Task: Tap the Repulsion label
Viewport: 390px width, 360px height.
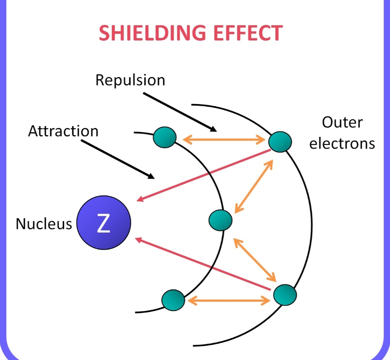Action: tap(130, 80)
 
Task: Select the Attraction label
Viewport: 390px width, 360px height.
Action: tap(63, 131)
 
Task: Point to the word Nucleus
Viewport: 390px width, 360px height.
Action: tap(44, 224)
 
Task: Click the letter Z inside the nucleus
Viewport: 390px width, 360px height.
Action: tap(104, 224)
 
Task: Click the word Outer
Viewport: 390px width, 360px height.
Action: tap(342, 123)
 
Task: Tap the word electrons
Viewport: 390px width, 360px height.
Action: tap(342, 143)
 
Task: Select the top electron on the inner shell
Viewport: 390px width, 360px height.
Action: tap(165, 138)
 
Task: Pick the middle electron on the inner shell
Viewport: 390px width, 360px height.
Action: tap(220, 219)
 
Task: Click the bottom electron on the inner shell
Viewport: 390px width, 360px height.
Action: tap(173, 300)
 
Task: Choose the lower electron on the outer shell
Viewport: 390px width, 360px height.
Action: tap(285, 295)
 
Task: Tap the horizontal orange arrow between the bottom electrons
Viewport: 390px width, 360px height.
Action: tap(229, 300)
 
